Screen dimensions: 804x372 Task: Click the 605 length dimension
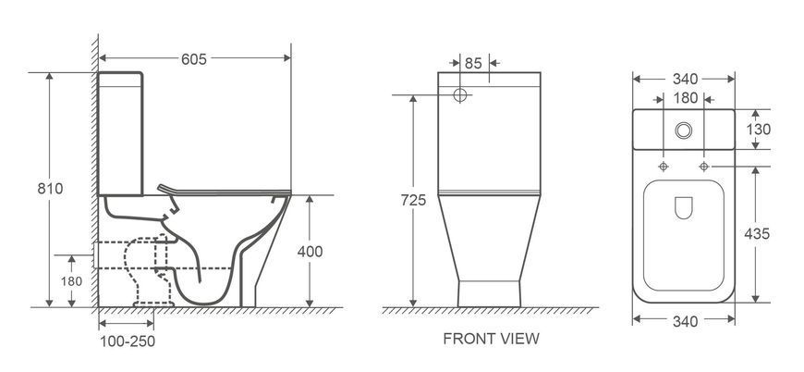click(194, 59)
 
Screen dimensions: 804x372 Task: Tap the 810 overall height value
click(50, 189)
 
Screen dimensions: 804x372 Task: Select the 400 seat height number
click(311, 252)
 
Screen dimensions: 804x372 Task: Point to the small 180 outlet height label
click(71, 281)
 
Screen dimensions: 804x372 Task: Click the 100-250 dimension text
click(128, 341)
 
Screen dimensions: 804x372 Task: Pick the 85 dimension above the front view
click(473, 63)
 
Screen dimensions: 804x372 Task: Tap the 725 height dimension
click(413, 200)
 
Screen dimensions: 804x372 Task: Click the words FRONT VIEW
click(492, 339)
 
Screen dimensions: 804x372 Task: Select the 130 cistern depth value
click(759, 130)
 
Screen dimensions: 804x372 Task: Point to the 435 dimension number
click(758, 234)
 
